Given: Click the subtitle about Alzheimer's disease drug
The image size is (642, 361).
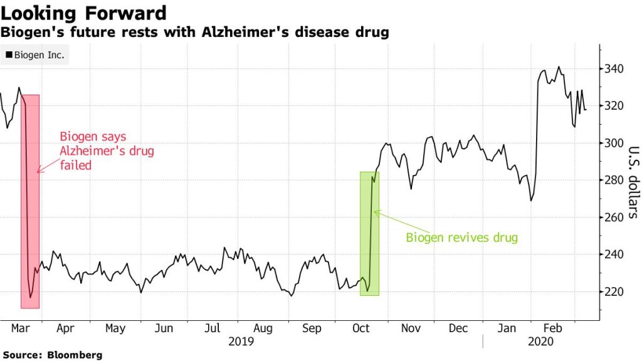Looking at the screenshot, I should (x=194, y=32).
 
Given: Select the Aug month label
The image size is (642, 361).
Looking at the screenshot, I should (x=263, y=328).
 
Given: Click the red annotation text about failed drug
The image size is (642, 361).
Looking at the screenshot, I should (x=107, y=151).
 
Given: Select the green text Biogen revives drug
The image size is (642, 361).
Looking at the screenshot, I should (x=462, y=238).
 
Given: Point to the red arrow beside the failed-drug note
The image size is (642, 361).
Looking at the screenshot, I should (x=48, y=165).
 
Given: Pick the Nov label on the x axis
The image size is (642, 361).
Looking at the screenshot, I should (x=410, y=328).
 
